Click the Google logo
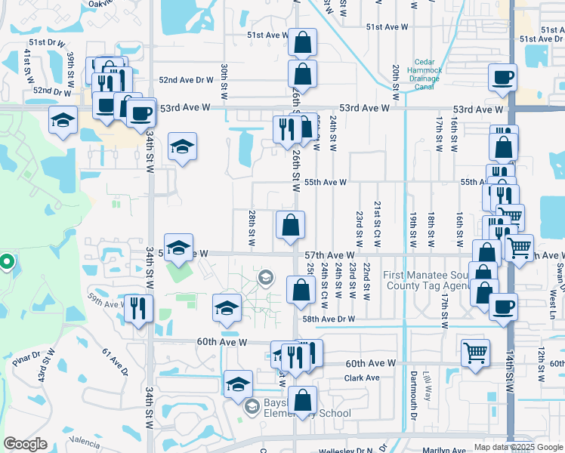[x=25, y=444]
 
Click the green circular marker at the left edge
[x=6, y=263]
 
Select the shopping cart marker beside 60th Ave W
[x=474, y=352]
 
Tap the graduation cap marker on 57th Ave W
[x=179, y=248]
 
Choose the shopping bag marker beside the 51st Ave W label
[x=302, y=42]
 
